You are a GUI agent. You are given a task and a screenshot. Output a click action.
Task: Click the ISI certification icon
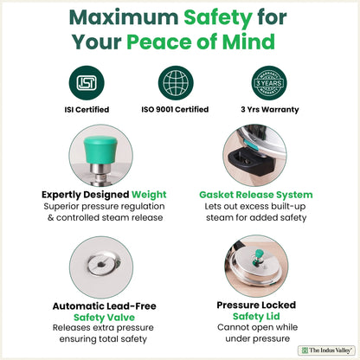(88, 84)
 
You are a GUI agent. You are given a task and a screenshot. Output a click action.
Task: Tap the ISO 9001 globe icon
(179, 84)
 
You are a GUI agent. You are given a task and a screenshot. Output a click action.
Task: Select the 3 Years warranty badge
(272, 84)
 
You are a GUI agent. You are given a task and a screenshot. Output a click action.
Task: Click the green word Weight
(140, 195)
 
